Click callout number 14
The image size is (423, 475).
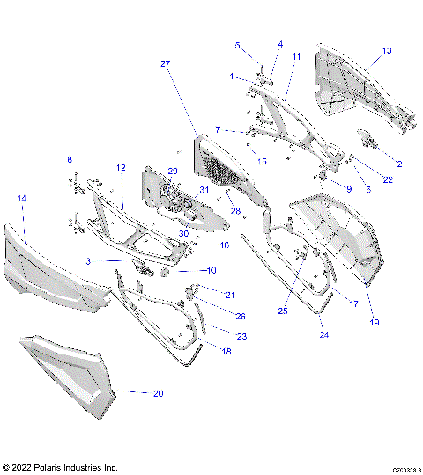click(x=22, y=200)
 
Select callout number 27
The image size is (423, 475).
click(x=165, y=64)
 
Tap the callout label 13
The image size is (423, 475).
click(x=387, y=52)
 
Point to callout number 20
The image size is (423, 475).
click(x=158, y=393)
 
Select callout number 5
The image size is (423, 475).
click(x=237, y=45)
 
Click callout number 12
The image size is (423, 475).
click(x=122, y=167)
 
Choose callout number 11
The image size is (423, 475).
click(x=296, y=56)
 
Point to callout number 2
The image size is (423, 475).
click(x=398, y=164)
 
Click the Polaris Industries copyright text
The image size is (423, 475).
click(x=60, y=467)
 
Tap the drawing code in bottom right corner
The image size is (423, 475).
click(x=405, y=470)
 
